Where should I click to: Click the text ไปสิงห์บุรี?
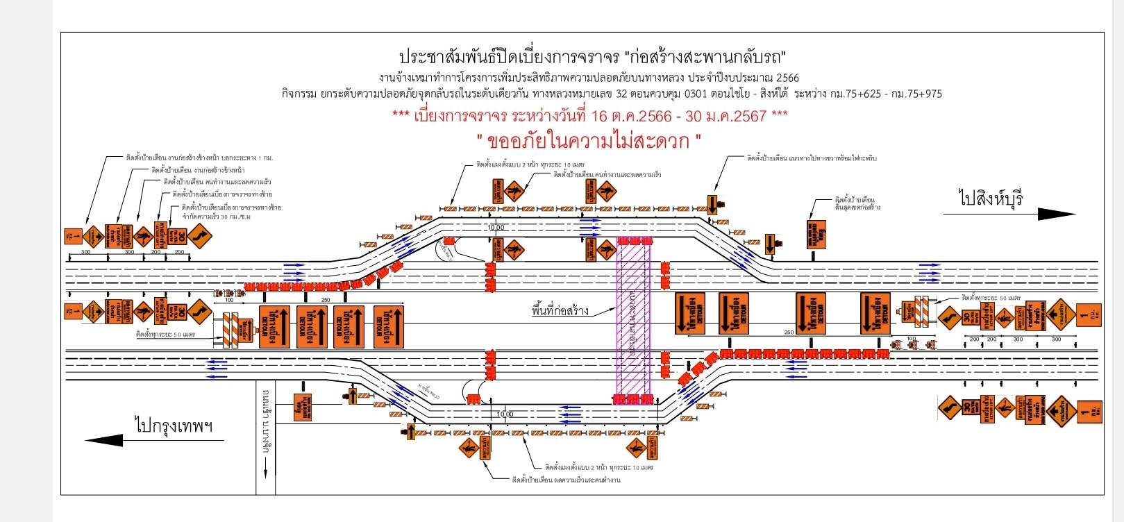point(991,199)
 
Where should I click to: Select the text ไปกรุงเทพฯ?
point(174,425)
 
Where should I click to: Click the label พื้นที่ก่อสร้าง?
point(560,311)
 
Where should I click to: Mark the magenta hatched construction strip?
point(633,319)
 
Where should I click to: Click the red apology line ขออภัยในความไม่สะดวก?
point(589,141)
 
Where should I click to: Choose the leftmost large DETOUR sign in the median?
point(274,326)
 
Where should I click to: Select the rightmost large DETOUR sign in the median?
point(875,313)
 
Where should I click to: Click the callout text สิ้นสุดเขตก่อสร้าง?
point(857,208)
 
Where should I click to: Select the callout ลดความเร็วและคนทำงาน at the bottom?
point(565,480)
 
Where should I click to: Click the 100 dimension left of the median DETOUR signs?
point(229,300)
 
